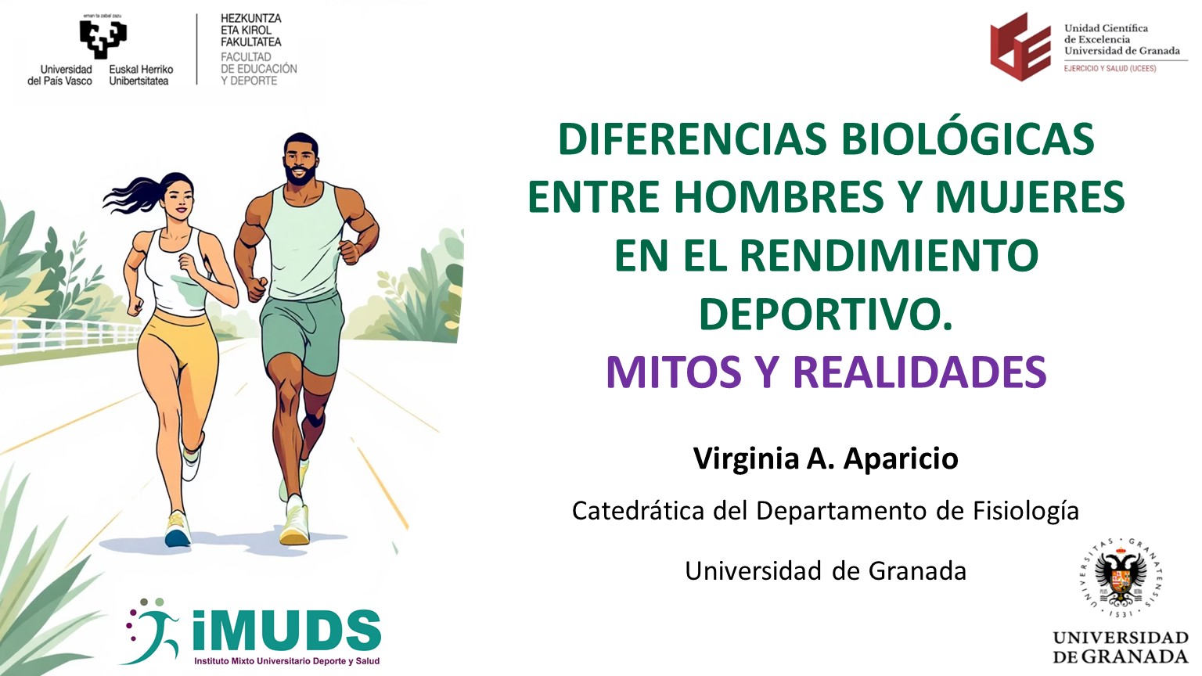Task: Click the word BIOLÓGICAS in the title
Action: [x=967, y=139]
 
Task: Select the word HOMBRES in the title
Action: [x=779, y=197]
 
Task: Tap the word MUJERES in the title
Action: [x=1031, y=197]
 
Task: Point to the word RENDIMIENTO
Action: [x=890, y=255]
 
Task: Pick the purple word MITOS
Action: [x=674, y=372]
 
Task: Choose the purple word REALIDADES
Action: [x=919, y=372]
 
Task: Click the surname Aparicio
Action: [x=901, y=459]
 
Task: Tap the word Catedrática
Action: [x=638, y=511]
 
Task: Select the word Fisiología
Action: [x=1026, y=512]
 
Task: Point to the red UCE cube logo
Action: [x=1020, y=47]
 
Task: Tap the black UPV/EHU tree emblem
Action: [x=103, y=38]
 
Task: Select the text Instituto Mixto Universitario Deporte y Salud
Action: [x=286, y=661]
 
